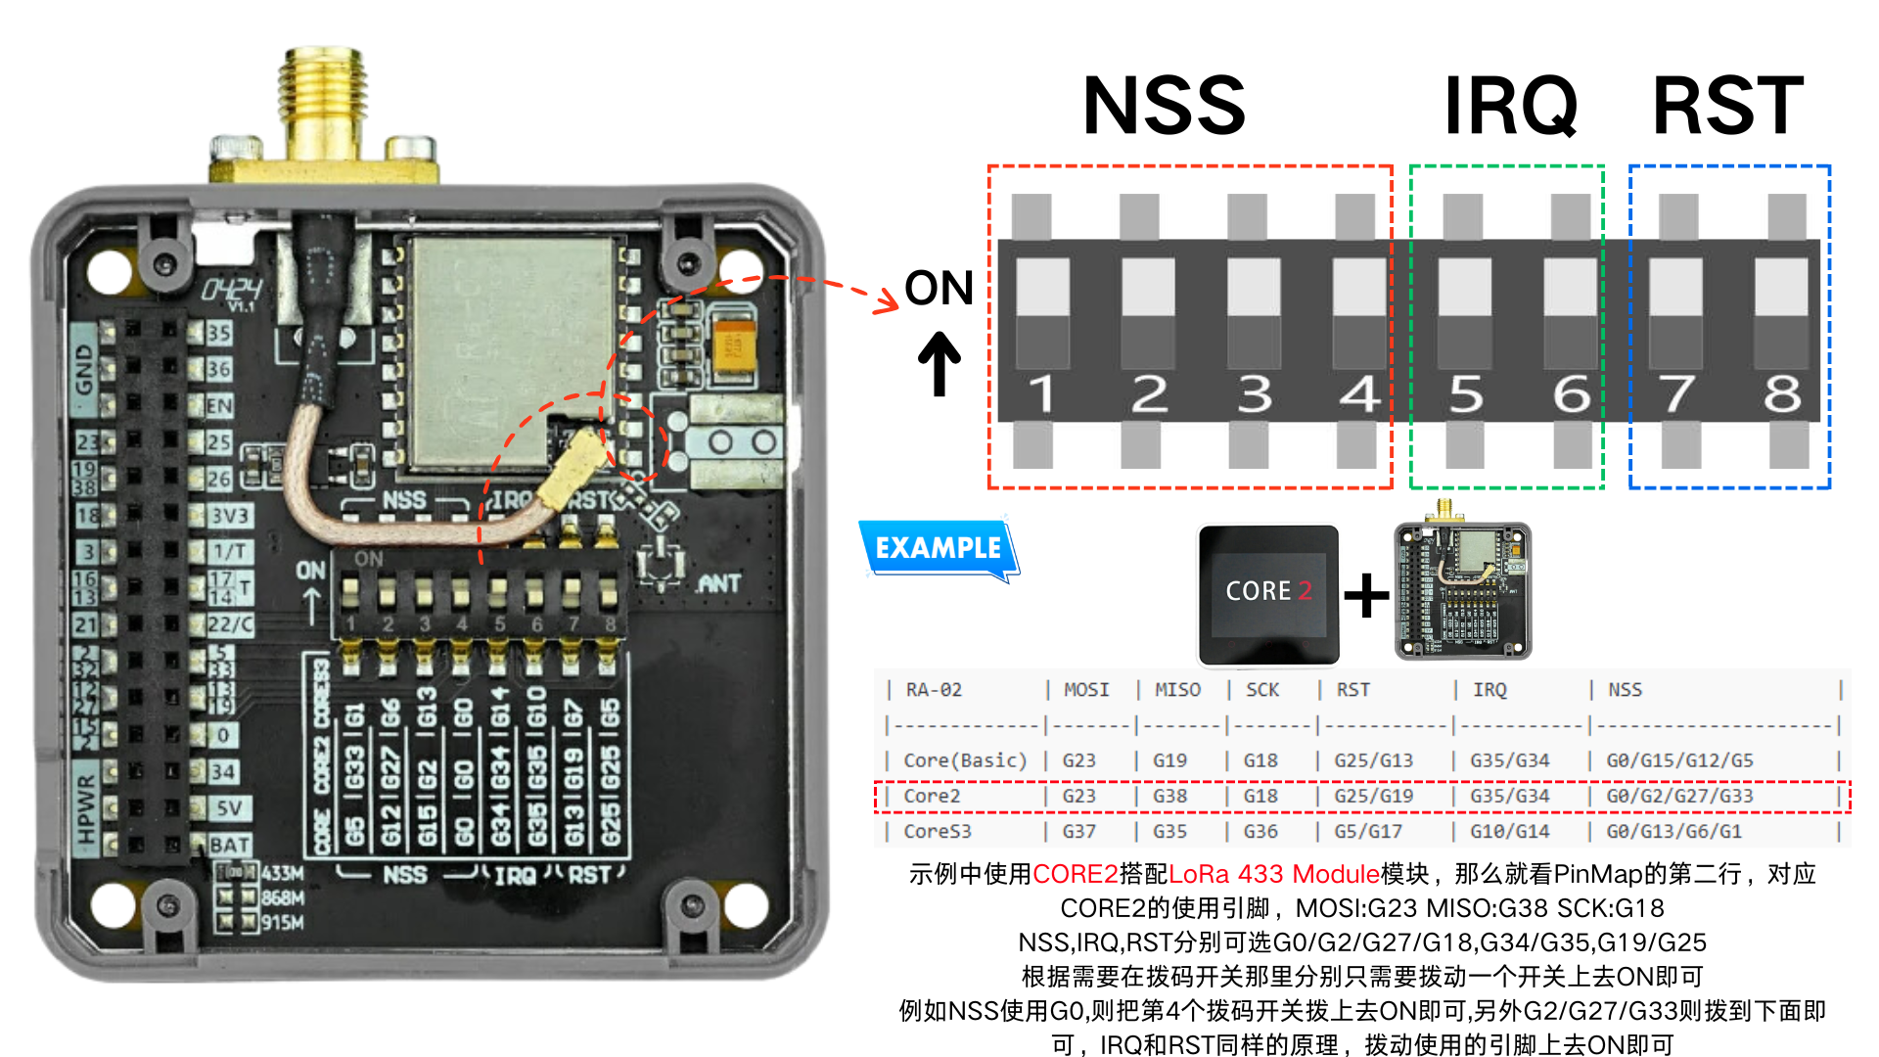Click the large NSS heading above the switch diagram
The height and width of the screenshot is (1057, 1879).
tap(1164, 106)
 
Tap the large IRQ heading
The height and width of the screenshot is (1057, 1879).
tap(1510, 106)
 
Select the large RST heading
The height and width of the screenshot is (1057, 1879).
tap(1727, 106)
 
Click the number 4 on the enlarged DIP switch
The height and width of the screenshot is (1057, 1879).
tap(1359, 393)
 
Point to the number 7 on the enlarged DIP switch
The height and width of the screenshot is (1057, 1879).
tap(1677, 393)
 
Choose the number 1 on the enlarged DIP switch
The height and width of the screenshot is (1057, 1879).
tap(1041, 393)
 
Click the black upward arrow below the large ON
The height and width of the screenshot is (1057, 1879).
tap(939, 363)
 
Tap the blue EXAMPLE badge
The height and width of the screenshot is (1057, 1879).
tap(938, 548)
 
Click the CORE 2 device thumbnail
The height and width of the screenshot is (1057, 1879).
tap(1268, 593)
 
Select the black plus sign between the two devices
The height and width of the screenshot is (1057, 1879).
tap(1366, 594)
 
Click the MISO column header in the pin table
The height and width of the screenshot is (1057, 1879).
tap(1177, 690)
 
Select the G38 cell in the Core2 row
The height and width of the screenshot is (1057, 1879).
tap(1169, 796)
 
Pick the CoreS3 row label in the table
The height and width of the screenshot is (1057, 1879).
tap(938, 831)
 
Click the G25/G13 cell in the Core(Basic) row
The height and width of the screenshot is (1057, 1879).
tap(1373, 760)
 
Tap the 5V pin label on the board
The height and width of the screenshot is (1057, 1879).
tap(229, 808)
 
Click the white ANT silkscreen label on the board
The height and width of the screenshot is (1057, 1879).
tap(719, 584)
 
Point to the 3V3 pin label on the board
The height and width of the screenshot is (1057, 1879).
tap(230, 516)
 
